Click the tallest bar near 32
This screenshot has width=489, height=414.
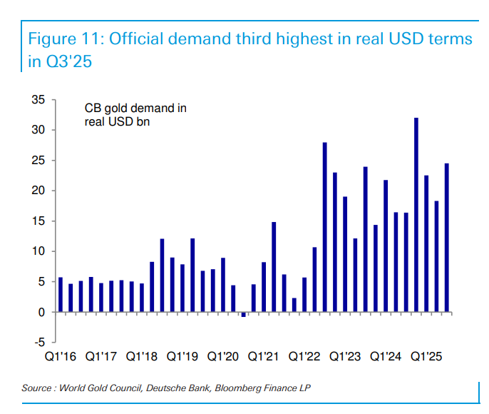(x=416, y=215)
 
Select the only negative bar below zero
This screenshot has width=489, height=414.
(x=244, y=314)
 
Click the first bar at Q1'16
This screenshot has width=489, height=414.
(x=61, y=295)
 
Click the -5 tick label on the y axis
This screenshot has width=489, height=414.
(x=40, y=343)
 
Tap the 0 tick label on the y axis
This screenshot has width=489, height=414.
(x=42, y=312)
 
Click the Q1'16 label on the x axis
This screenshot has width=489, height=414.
(x=61, y=355)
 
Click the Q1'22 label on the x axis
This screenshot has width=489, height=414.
(x=304, y=355)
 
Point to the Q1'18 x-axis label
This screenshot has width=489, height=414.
(x=142, y=355)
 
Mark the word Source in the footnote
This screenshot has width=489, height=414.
(x=37, y=388)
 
